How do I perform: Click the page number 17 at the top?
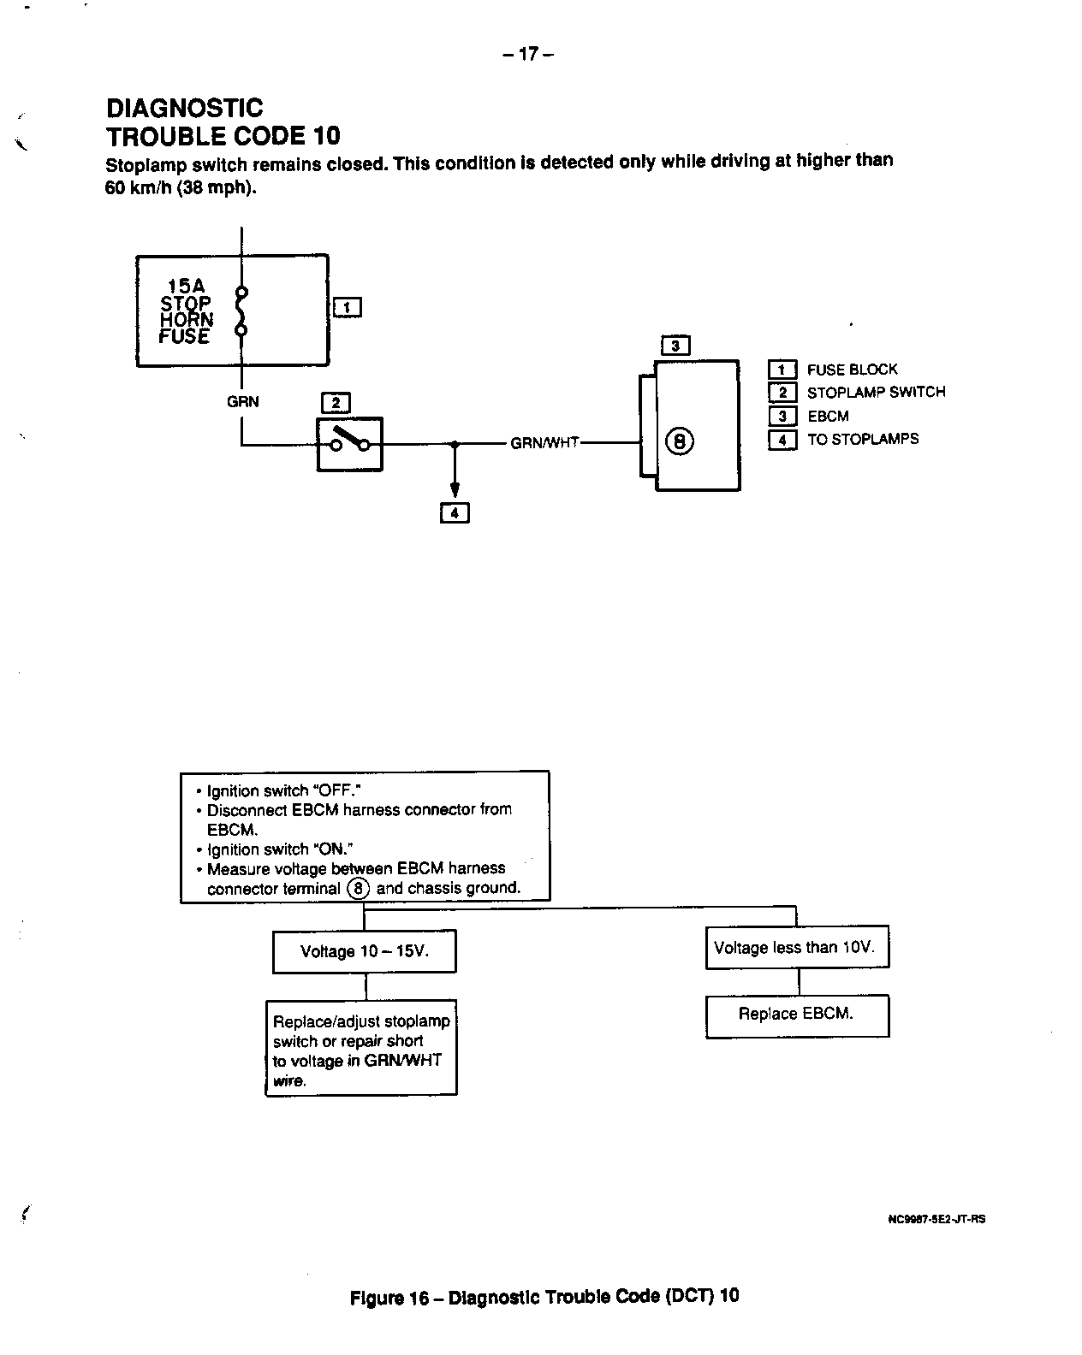[x=528, y=55]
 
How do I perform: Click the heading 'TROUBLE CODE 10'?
[x=223, y=136]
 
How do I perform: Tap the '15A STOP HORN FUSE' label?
[x=186, y=311]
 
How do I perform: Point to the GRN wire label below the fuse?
[x=242, y=401]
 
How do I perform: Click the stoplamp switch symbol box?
[x=349, y=444]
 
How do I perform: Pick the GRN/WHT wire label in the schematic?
[x=544, y=444]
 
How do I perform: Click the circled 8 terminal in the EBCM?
[x=680, y=442]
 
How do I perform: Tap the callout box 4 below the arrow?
[x=455, y=513]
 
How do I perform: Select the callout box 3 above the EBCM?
[x=675, y=346]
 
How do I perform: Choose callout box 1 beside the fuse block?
[x=347, y=307]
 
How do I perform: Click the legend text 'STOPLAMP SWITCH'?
[x=876, y=393]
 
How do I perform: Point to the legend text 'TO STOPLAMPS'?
[x=863, y=440]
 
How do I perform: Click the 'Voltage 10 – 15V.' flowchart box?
[x=364, y=951]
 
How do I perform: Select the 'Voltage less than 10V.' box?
[x=796, y=947]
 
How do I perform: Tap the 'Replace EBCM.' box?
[x=796, y=1015]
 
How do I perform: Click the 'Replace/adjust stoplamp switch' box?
[x=360, y=1048]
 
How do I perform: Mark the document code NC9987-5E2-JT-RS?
[x=936, y=1219]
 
